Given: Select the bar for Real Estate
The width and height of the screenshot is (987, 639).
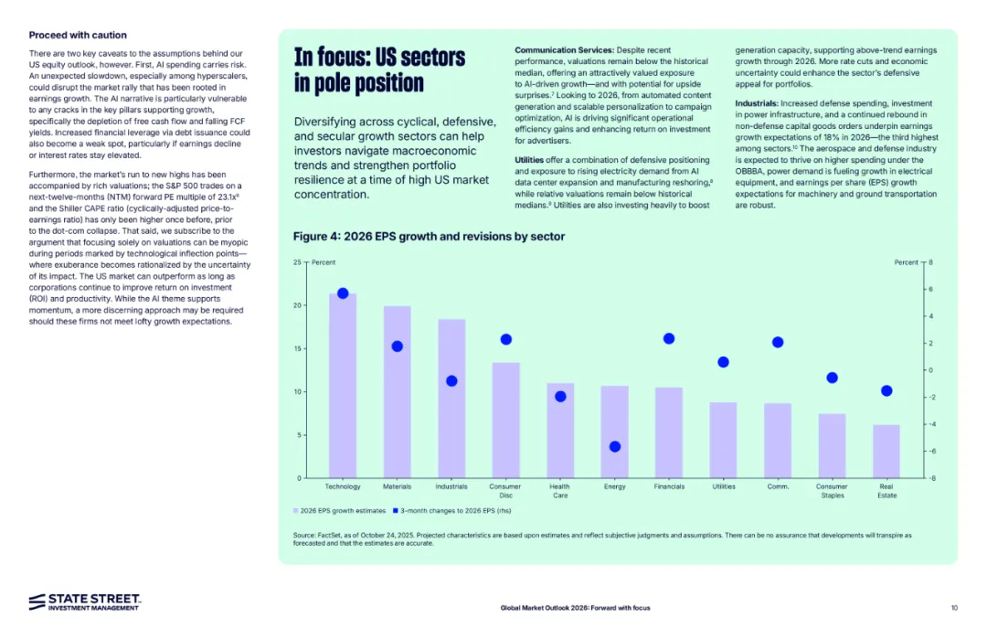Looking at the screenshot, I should click(886, 452).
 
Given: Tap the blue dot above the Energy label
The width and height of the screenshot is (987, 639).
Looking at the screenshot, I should click(615, 446).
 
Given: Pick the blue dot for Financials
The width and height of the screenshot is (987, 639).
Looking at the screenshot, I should click(669, 338).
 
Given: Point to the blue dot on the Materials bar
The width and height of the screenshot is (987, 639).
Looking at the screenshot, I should click(397, 346).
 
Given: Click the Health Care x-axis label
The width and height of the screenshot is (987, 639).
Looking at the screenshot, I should click(560, 491).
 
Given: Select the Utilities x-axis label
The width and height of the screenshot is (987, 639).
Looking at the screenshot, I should click(723, 486).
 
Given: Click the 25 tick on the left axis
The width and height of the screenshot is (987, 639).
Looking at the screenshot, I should click(297, 262).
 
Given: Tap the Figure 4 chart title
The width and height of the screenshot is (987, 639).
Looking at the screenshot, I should click(429, 237).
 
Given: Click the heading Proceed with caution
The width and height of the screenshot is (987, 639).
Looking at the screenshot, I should click(78, 35).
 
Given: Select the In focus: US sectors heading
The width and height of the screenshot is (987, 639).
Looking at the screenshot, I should click(379, 69).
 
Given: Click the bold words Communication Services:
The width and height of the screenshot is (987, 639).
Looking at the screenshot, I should click(564, 48).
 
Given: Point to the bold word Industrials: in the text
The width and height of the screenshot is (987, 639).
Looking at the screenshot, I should click(757, 103).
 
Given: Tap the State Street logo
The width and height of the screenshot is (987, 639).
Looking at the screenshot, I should click(84, 601).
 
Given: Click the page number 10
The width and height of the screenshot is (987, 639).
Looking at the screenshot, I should click(953, 608).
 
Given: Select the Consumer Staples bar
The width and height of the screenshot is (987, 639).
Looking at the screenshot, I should click(832, 446).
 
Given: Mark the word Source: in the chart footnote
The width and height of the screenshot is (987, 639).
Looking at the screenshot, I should click(305, 535).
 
